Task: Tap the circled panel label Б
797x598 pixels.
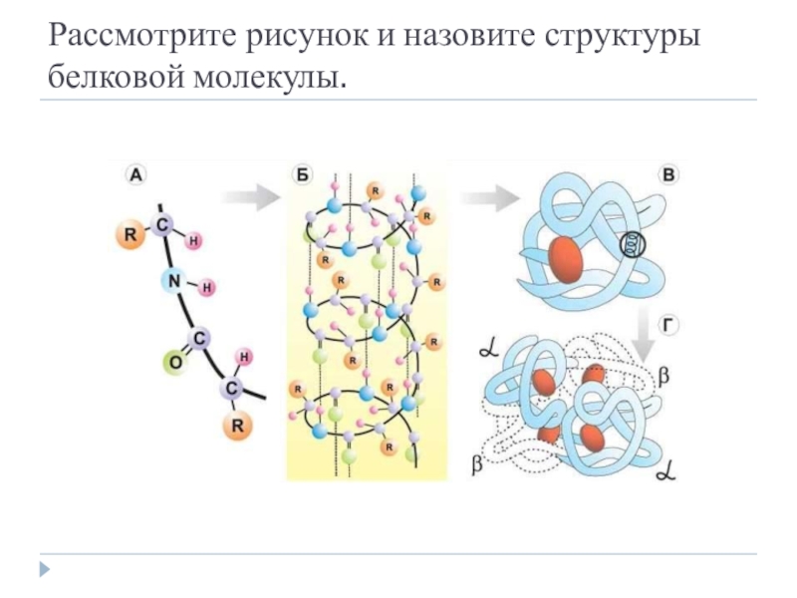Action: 302,175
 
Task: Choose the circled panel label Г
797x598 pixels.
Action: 668,324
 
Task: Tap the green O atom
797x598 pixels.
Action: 173,364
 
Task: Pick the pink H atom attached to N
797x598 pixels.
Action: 207,288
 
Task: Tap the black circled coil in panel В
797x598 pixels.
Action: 634,244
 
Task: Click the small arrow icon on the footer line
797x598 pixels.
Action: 44,569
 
